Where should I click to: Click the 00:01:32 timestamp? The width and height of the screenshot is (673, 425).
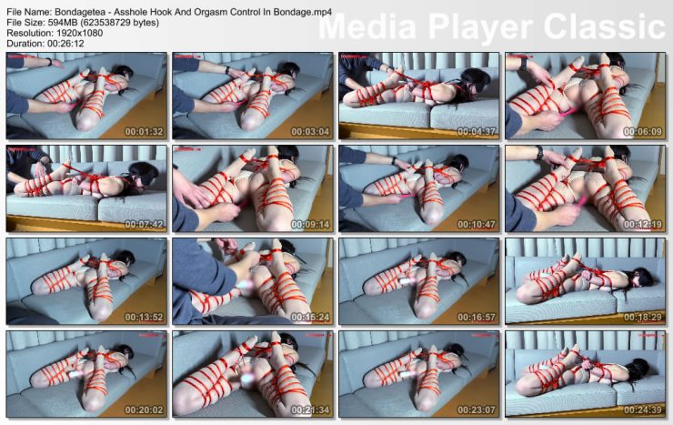pos(145,131)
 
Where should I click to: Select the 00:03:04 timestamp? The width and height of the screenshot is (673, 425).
pos(311,131)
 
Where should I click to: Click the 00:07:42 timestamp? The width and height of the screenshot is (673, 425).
pos(145,224)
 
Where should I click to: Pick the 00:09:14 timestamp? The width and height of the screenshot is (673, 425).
pos(311,224)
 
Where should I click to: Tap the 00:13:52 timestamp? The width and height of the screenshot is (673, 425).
pos(145,317)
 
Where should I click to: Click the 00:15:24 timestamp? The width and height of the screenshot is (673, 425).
pos(311,317)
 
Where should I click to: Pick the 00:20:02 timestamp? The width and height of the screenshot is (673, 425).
pos(145,410)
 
